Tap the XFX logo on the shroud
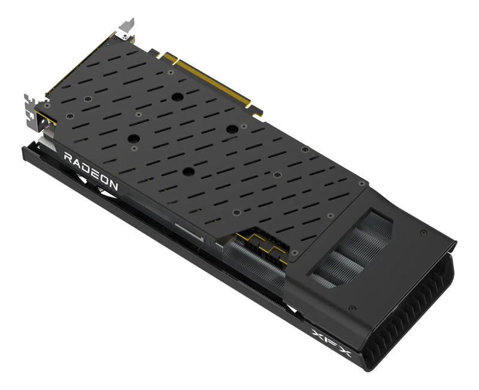(331, 343)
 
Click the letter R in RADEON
(68, 158)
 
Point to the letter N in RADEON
(113, 185)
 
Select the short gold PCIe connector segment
(169, 57)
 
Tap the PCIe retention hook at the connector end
(257, 111)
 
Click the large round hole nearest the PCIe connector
(177, 97)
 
